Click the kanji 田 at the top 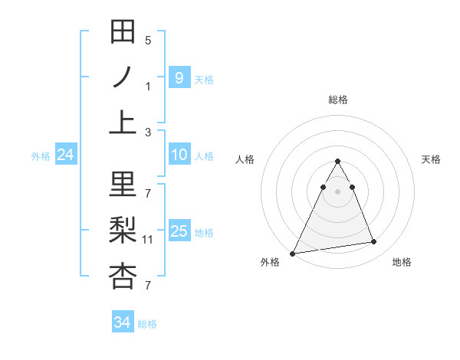[x=123, y=32]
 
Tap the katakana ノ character [x=123, y=78]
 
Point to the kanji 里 [x=123, y=185]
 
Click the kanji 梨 [x=123, y=231]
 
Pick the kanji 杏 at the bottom [x=123, y=277]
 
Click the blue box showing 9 [x=179, y=77]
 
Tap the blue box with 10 [x=179, y=155]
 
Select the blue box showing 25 [x=179, y=231]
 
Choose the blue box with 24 [x=66, y=155]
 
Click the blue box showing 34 [x=123, y=322]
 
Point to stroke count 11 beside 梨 [x=148, y=240]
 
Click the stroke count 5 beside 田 [x=148, y=40]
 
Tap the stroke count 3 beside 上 [x=148, y=133]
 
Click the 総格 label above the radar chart [x=338, y=100]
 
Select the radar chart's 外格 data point [x=293, y=253]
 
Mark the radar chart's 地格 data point [x=374, y=242]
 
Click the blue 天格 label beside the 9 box [x=204, y=79]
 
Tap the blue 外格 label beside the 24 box [x=41, y=156]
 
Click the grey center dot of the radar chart [x=338, y=191]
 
